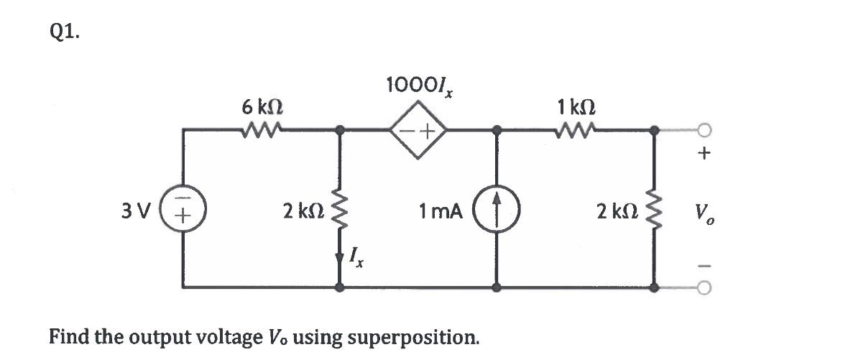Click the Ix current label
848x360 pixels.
[x=356, y=257]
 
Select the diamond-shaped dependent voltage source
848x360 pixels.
[x=419, y=131]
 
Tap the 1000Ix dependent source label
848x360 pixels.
[x=420, y=86]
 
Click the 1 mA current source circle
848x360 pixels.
[x=496, y=213]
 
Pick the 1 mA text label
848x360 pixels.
[x=441, y=212]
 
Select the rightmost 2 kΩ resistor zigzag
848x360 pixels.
[x=654, y=211]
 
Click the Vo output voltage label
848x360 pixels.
[x=704, y=213]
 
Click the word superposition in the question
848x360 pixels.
[x=415, y=336]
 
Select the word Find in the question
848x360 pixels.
[x=69, y=336]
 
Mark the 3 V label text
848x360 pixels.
[x=137, y=213]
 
